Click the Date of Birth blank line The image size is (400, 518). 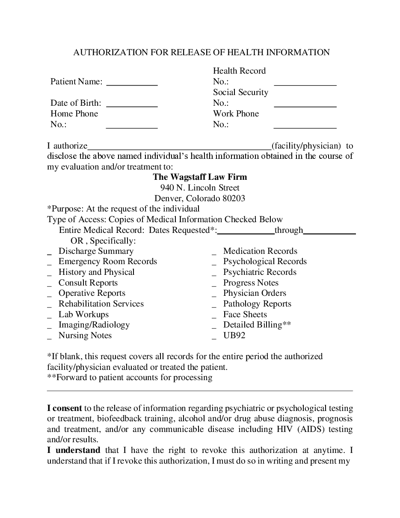[132, 106]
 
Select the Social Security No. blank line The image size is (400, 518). [305, 106]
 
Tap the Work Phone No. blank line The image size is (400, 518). [305, 127]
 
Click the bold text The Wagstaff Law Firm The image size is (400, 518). [200, 177]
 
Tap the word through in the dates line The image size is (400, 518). [289, 230]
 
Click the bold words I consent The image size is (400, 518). [65, 408]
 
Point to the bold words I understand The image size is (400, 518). [74, 450]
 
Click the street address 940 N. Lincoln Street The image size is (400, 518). [200, 188]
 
